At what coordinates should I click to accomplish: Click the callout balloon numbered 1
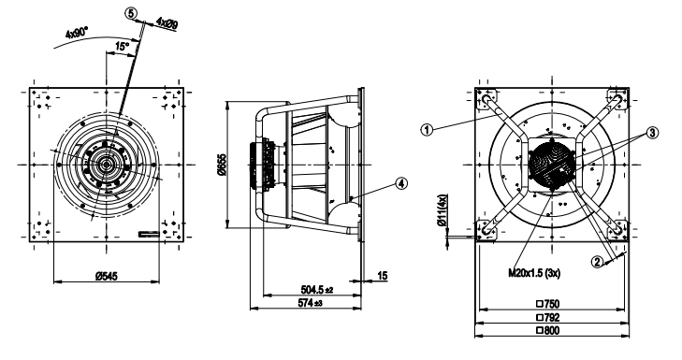click(x=427, y=131)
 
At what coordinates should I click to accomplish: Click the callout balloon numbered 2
click(x=596, y=262)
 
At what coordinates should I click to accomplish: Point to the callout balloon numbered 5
click(x=131, y=13)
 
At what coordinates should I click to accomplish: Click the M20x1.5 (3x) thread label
click(x=534, y=272)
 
